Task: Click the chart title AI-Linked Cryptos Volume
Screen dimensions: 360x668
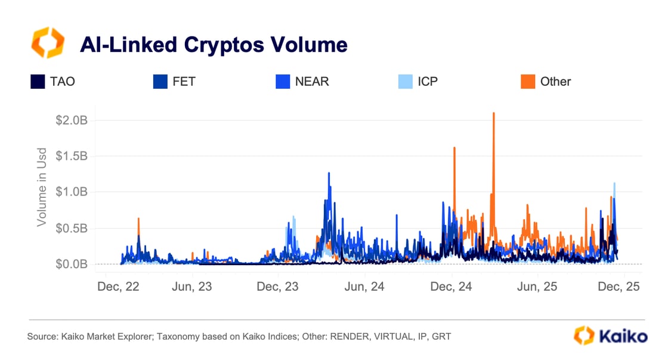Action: (214, 45)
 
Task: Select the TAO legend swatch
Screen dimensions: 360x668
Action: (38, 82)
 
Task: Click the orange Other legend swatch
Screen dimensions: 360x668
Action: (527, 82)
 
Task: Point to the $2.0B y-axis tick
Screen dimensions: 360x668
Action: (72, 120)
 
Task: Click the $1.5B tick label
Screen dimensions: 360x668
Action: (72, 156)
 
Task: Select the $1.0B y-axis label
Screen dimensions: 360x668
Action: (72, 192)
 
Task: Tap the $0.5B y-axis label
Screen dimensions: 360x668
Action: (72, 228)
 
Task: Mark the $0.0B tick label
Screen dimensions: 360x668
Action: (72, 264)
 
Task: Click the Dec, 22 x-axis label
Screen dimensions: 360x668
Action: (118, 287)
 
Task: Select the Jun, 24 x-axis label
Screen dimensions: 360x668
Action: (365, 287)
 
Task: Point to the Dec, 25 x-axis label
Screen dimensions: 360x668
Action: (618, 287)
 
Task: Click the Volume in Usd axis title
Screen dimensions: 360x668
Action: (42, 187)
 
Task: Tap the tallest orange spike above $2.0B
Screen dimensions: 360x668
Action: (494, 114)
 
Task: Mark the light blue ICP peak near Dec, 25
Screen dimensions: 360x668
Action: (614, 185)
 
